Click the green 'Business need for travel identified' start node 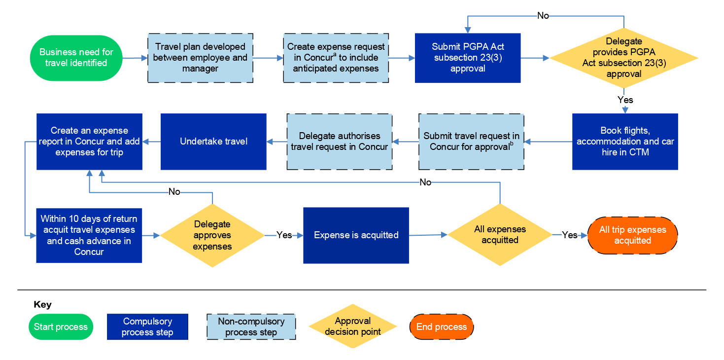(76, 58)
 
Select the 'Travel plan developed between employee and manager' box (200, 58)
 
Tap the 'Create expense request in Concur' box (336, 58)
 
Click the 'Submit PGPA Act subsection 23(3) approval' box (468, 58)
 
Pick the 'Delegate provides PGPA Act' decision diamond (624, 58)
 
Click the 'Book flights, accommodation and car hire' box (625, 142)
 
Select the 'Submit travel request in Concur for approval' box (471, 142)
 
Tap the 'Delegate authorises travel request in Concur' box (340, 142)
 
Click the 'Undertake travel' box (213, 142)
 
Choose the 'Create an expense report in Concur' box (89, 142)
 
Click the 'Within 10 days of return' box (89, 235)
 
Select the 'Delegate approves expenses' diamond (212, 236)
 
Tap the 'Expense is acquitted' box (356, 235)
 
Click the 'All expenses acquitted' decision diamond (500, 235)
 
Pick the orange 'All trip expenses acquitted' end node (632, 235)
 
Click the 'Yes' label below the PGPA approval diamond (625, 100)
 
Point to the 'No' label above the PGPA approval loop (543, 16)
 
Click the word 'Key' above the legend (42, 305)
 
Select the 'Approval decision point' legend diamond (352, 326)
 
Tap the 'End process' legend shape (441, 327)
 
